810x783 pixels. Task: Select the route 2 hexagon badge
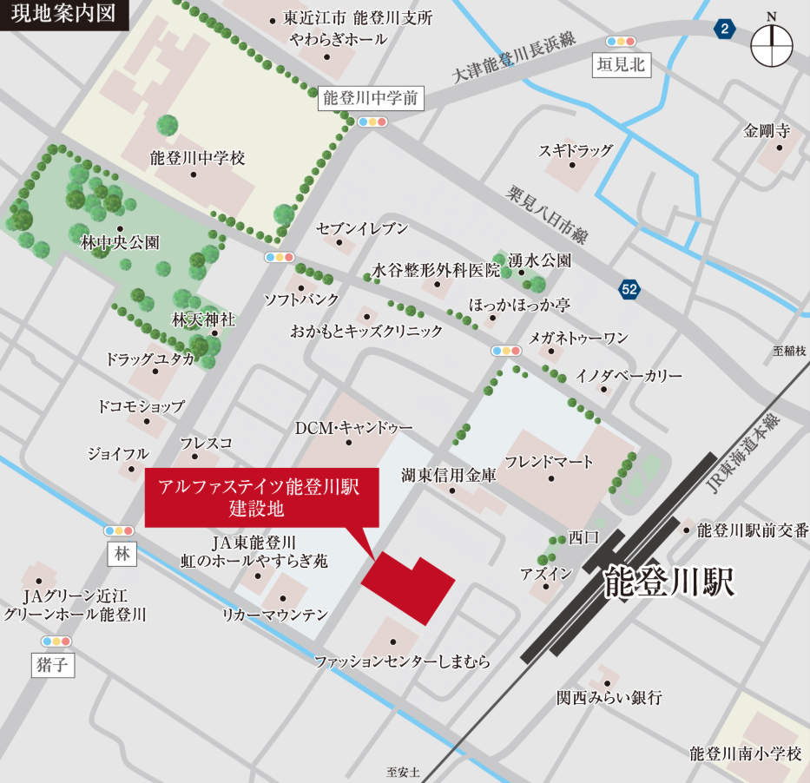tap(724, 30)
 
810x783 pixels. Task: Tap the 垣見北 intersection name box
tap(622, 64)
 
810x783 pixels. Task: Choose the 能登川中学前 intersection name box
tap(371, 98)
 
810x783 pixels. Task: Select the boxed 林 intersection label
tap(122, 554)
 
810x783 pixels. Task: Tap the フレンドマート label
tap(550, 462)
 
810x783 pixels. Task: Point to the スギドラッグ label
tap(576, 150)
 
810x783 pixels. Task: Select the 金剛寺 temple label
tap(767, 131)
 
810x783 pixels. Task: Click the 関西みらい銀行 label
tap(609, 697)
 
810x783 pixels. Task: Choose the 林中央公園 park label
tap(120, 243)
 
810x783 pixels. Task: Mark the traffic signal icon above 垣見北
tap(622, 41)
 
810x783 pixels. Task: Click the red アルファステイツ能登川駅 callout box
tap(261, 497)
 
